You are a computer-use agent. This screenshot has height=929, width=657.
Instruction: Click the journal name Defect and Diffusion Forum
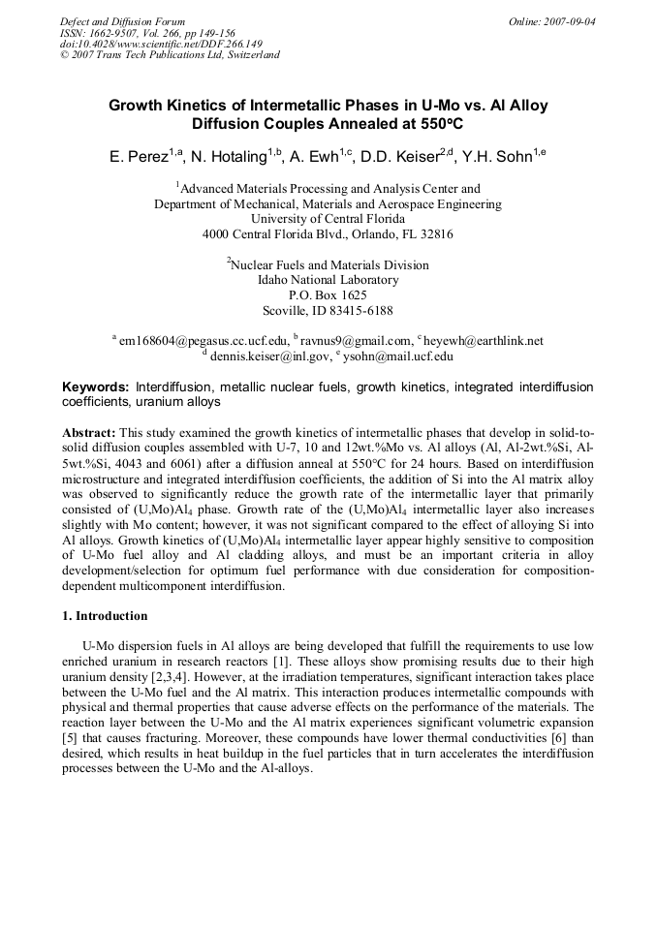(x=122, y=20)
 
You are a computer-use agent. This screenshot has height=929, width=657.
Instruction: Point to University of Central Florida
(x=328, y=219)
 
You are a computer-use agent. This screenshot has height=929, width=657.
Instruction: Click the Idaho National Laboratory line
(x=328, y=280)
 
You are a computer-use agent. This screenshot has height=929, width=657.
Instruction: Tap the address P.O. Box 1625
(x=328, y=295)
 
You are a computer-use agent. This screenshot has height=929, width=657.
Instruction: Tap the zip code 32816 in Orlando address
(x=433, y=234)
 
